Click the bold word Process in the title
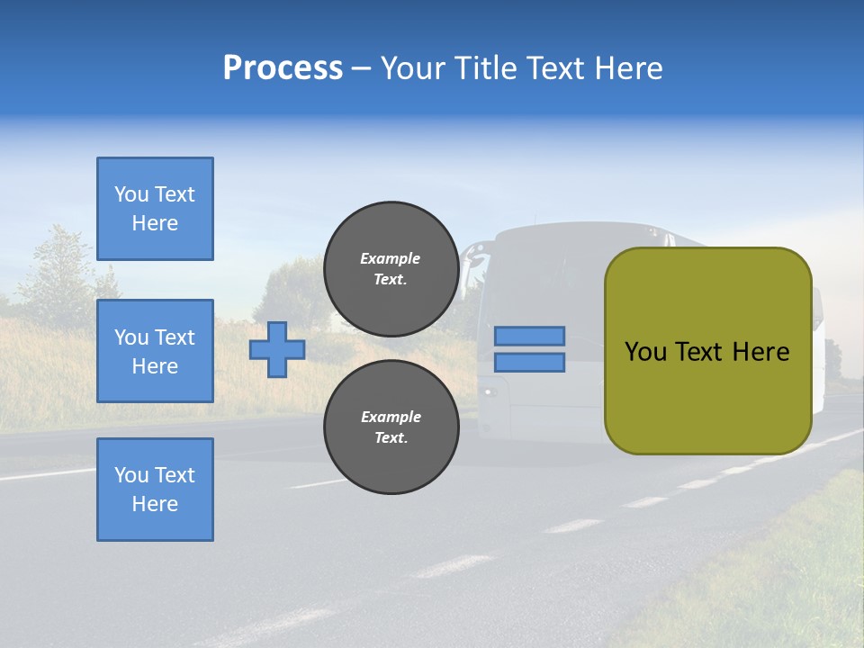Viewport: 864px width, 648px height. click(283, 67)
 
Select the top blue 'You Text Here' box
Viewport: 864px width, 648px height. click(155, 209)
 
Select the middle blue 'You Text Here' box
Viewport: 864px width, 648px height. click(155, 351)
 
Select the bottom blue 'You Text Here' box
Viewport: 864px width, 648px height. click(155, 490)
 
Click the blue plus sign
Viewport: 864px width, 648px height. click(277, 350)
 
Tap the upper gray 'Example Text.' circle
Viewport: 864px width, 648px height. click(391, 269)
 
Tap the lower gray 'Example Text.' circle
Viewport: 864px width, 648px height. click(391, 427)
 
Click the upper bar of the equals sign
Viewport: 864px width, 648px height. click(530, 336)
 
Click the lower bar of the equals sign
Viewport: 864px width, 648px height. click(530, 363)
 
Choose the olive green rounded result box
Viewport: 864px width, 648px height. click(707, 396)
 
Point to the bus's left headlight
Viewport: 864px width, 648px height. click(488, 392)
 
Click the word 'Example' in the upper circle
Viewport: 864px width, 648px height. click(391, 258)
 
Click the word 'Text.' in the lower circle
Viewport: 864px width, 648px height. click(391, 438)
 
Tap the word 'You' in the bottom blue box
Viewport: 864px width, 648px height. click(131, 475)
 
